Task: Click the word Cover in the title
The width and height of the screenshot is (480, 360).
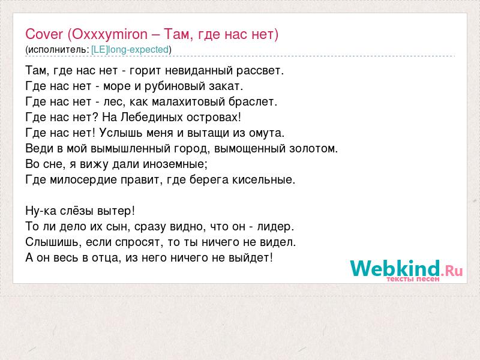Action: pyautogui.click(x=44, y=34)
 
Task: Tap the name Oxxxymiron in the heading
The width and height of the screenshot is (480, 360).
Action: pyautogui.click(x=110, y=35)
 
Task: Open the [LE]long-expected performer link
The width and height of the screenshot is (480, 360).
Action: pyautogui.click(x=130, y=50)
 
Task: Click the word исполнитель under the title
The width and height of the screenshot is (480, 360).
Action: pyautogui.click(x=57, y=50)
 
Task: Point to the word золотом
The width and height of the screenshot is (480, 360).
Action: pyautogui.click(x=313, y=149)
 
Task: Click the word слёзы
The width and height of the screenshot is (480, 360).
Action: pyautogui.click(x=77, y=211)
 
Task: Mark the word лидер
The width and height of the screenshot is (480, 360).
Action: pyautogui.click(x=275, y=227)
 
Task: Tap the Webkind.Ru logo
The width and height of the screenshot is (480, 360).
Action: pyautogui.click(x=406, y=270)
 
